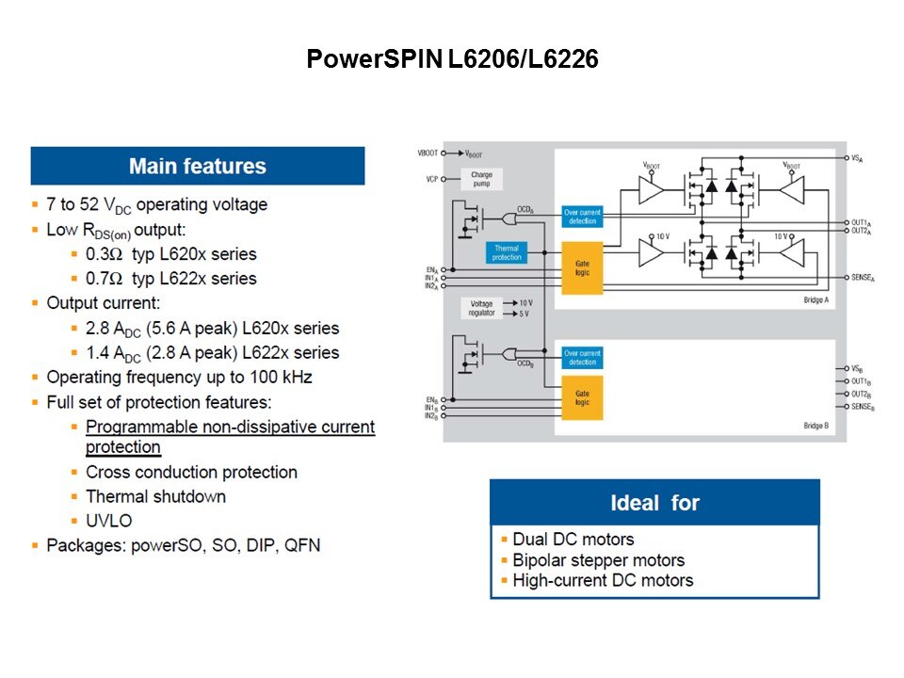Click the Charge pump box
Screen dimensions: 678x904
click(481, 179)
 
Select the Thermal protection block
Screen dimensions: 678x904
click(506, 252)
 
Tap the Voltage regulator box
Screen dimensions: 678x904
click(481, 308)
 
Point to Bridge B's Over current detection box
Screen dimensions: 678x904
click(581, 358)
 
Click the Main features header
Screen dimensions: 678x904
click(198, 167)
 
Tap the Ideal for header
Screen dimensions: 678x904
click(654, 503)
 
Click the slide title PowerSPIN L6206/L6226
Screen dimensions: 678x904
click(452, 59)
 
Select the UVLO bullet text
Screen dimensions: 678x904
click(109, 521)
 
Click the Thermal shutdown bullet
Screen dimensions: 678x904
click(155, 496)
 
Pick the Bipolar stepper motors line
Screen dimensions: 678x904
click(598, 560)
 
